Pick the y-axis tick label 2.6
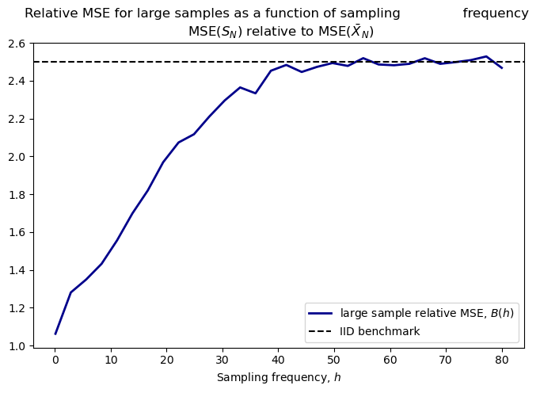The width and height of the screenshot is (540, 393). tap(17, 44)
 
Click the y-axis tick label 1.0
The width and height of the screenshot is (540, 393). tap(17, 346)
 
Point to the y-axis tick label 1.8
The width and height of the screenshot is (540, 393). tap(17, 195)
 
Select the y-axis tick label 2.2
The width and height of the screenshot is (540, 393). tap(17, 119)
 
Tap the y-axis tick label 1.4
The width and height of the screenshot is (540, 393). tap(17, 270)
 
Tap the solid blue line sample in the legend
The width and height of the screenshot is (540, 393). tap(322, 313)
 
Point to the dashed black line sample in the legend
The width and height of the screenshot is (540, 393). tap(322, 331)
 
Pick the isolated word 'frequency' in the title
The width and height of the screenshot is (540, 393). tap(496, 13)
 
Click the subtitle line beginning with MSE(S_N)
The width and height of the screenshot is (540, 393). tap(280, 32)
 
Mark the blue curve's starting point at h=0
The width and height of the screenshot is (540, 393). tap(55, 334)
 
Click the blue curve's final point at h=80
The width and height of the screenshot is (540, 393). tap(501, 68)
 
